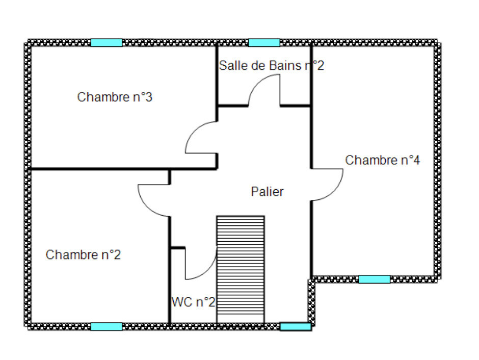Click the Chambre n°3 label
tap(115, 97)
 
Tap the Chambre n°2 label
tap(83, 254)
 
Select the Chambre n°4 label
tap(383, 160)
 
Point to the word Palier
tap(267, 192)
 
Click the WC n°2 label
tap(193, 302)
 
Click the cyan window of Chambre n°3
tap(107, 43)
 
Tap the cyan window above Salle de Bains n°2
tap(264, 43)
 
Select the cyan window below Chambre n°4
tap(374, 279)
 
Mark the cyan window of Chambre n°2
tap(107, 327)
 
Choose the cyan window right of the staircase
tap(296, 327)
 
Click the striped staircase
tap(241, 270)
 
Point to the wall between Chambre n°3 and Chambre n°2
tap(124, 168)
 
